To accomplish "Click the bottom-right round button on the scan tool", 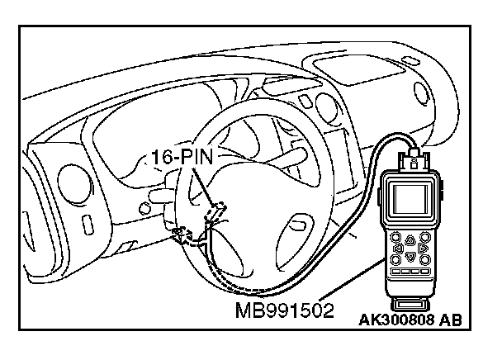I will [424, 258].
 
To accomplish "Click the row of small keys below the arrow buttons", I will [410, 271].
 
